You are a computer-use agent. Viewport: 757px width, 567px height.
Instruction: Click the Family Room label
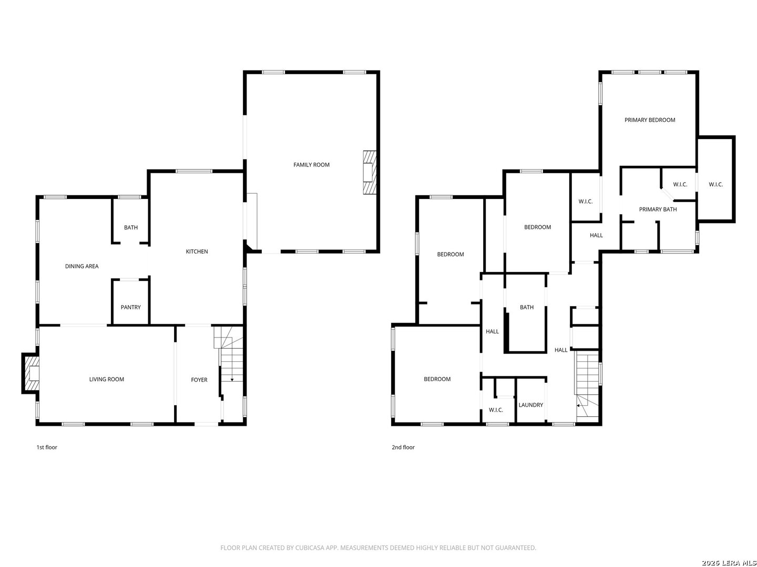tap(311, 165)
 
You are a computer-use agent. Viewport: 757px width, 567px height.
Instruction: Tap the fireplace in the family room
tap(370, 173)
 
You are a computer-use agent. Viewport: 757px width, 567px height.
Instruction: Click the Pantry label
tap(130, 307)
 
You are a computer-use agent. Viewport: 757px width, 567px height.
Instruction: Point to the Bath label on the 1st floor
tap(131, 227)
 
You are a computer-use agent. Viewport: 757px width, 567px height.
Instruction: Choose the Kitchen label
tap(197, 251)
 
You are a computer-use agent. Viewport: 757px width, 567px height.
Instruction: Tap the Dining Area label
tap(81, 266)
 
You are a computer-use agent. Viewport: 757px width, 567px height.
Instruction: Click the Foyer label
tap(199, 380)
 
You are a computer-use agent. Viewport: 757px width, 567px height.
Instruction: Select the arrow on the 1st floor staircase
tap(232, 379)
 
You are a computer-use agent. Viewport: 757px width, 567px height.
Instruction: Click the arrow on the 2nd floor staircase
tap(579, 405)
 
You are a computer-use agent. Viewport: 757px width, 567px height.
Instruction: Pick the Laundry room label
tap(531, 405)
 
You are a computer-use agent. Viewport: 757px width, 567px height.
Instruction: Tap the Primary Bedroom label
tap(650, 120)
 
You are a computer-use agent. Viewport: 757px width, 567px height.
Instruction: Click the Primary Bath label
tap(658, 209)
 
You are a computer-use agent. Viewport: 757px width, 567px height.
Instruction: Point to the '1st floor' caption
tap(47, 447)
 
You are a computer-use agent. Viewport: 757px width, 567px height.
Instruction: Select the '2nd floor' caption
tap(403, 447)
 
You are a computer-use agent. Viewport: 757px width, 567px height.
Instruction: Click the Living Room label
tap(107, 379)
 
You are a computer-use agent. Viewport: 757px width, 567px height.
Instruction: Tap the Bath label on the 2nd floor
tap(527, 307)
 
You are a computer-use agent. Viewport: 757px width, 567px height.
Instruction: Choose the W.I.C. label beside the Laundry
tap(496, 409)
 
